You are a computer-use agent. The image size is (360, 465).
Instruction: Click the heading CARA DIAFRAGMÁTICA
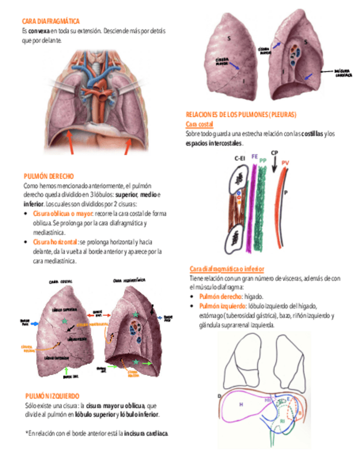(x=50, y=21)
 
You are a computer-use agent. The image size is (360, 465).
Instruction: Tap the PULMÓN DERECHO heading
(x=49, y=177)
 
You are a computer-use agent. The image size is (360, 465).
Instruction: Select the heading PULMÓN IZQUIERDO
(x=53, y=396)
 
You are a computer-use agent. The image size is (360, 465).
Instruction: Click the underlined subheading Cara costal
(x=199, y=124)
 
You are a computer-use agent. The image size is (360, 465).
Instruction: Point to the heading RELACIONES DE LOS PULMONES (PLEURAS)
(x=241, y=115)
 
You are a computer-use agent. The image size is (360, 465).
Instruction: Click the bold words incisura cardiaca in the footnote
(x=146, y=434)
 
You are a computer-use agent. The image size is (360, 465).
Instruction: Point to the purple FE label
(x=255, y=156)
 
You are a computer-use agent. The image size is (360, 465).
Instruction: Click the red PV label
(x=285, y=163)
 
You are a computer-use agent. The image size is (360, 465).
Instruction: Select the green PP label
(x=263, y=160)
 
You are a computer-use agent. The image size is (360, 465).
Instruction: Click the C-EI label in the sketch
(x=239, y=158)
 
